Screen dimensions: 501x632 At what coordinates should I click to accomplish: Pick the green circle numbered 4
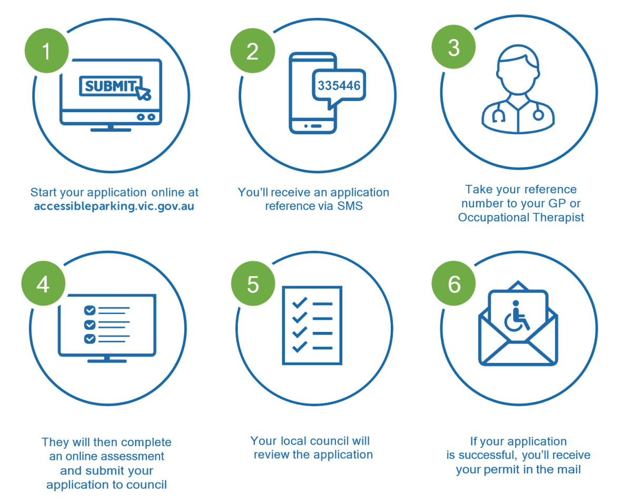43,284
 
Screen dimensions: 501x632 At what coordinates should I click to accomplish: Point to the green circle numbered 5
253,284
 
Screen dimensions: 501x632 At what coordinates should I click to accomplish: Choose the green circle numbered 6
454,284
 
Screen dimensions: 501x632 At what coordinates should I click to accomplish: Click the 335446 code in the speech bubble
339,85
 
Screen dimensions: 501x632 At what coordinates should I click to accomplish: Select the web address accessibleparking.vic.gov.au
114,206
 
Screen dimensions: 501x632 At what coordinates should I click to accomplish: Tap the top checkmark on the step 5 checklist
300,303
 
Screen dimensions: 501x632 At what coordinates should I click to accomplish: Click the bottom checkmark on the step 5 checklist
300,347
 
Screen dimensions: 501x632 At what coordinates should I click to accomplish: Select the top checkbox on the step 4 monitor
90,310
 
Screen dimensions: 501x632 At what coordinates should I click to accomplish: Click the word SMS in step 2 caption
350,206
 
